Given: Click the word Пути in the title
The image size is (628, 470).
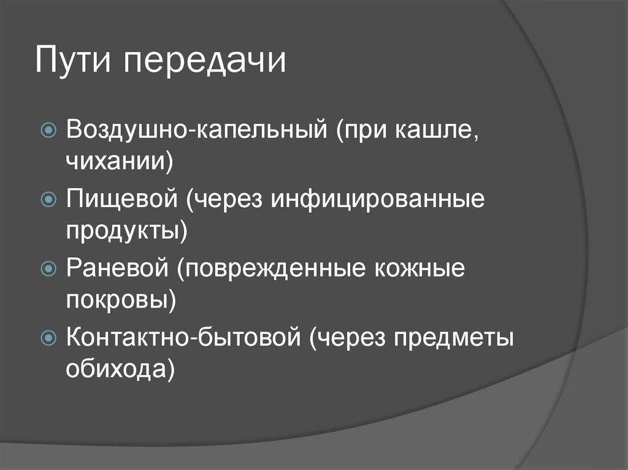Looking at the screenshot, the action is tap(72, 59).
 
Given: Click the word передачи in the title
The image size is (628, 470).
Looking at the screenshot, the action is tap(204, 62).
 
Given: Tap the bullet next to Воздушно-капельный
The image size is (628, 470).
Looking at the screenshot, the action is tap(49, 129).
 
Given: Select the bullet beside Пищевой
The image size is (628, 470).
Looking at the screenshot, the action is tap(49, 199).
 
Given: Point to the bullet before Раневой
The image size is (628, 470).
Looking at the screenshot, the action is tap(49, 268).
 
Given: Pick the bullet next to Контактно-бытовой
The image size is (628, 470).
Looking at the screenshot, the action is tap(49, 338).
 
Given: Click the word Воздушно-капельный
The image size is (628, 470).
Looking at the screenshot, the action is tap(197, 130).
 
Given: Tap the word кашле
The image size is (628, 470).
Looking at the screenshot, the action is tap(437, 130).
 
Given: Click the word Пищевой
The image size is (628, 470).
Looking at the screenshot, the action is tap(122, 199).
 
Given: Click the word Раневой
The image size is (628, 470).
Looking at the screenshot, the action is tap(117, 268).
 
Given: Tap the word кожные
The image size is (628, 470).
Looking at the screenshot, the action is tap(419, 268).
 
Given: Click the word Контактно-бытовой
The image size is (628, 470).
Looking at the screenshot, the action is tap(183, 337).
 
